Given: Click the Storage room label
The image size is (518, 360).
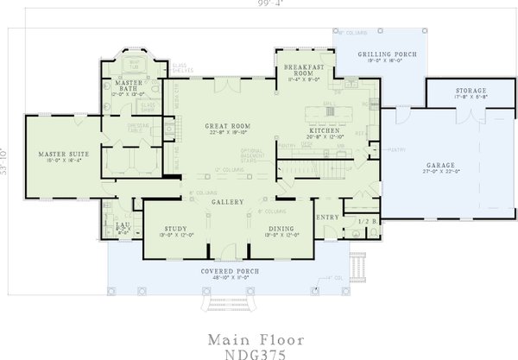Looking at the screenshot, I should click(x=471, y=91).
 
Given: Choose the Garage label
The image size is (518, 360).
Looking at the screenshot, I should click(x=442, y=164).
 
